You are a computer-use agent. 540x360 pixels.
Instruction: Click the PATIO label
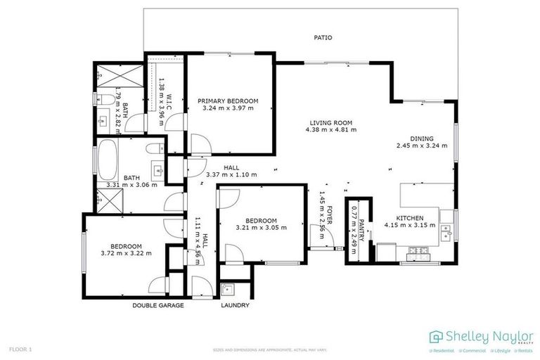pos(323,37)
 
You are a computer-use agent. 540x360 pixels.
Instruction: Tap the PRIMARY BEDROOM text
pos(227,101)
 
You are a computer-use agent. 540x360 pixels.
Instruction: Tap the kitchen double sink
pos(446,230)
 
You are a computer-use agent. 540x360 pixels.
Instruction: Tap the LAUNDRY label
pos(235,306)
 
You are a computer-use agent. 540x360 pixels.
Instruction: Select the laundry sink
pos(227,289)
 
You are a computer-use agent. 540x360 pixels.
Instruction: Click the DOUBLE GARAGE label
pos(158,306)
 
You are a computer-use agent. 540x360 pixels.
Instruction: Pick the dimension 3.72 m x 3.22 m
pos(127,253)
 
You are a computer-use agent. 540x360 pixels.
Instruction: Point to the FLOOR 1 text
pos(20,349)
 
